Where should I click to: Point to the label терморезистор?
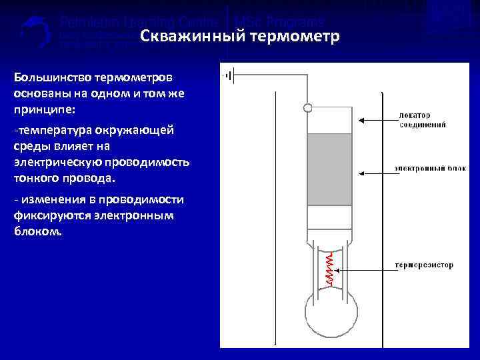tap(424, 265)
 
